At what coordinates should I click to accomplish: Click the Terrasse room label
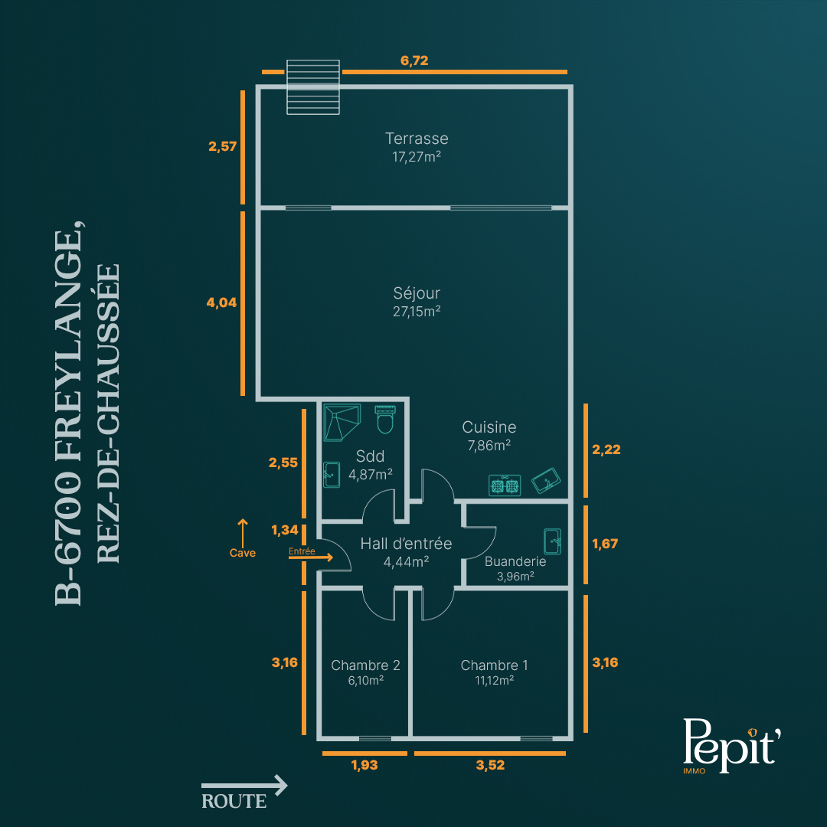[417, 139]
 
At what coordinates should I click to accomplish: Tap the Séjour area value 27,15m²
[417, 312]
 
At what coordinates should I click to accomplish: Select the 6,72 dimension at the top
[414, 60]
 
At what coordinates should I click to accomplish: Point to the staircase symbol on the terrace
[312, 87]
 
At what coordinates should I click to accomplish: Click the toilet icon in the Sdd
[385, 420]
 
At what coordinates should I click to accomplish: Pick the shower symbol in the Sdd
[342, 422]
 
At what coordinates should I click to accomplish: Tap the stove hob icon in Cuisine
[505, 485]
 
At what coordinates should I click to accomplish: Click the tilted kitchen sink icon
[546, 480]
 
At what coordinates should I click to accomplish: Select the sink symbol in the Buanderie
[552, 541]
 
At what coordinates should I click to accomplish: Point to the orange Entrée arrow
[311, 557]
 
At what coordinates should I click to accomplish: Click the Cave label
[243, 553]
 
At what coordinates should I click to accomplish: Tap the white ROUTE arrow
[244, 786]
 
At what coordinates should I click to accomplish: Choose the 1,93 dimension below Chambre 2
[364, 765]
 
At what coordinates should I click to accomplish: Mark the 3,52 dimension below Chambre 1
[490, 765]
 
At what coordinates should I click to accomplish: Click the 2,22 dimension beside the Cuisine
[606, 449]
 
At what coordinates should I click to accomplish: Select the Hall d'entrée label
[406, 544]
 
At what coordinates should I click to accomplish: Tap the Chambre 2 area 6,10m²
[365, 681]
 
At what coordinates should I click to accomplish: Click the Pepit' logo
[731, 745]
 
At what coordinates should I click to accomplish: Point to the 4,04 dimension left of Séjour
[221, 302]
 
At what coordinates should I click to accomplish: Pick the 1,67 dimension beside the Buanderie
[604, 544]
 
